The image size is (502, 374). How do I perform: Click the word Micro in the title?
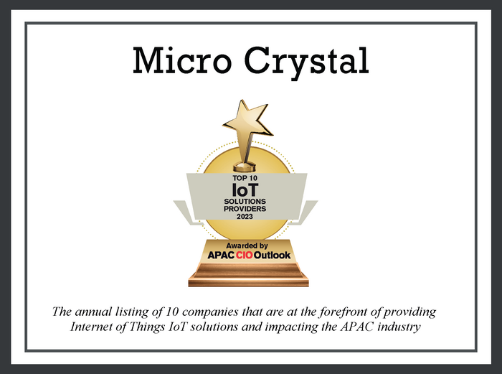coord(182,60)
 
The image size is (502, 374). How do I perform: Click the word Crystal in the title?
coord(307,62)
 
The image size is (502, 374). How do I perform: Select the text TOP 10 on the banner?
coord(245,178)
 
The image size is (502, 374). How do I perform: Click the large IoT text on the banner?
coord(245,190)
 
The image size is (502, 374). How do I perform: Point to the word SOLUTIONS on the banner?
coord(245,201)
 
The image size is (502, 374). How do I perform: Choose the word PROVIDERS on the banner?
coord(245,209)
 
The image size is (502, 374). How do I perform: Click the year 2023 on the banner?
coord(245,216)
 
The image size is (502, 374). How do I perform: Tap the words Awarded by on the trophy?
coord(247,246)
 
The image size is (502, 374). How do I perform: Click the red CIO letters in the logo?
coord(245,255)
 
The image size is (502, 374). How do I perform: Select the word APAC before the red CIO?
coord(221,255)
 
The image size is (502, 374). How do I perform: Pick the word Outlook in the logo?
coord(272,255)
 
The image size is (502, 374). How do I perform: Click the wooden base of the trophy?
coord(248,274)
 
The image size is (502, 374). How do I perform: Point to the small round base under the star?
coord(245,167)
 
